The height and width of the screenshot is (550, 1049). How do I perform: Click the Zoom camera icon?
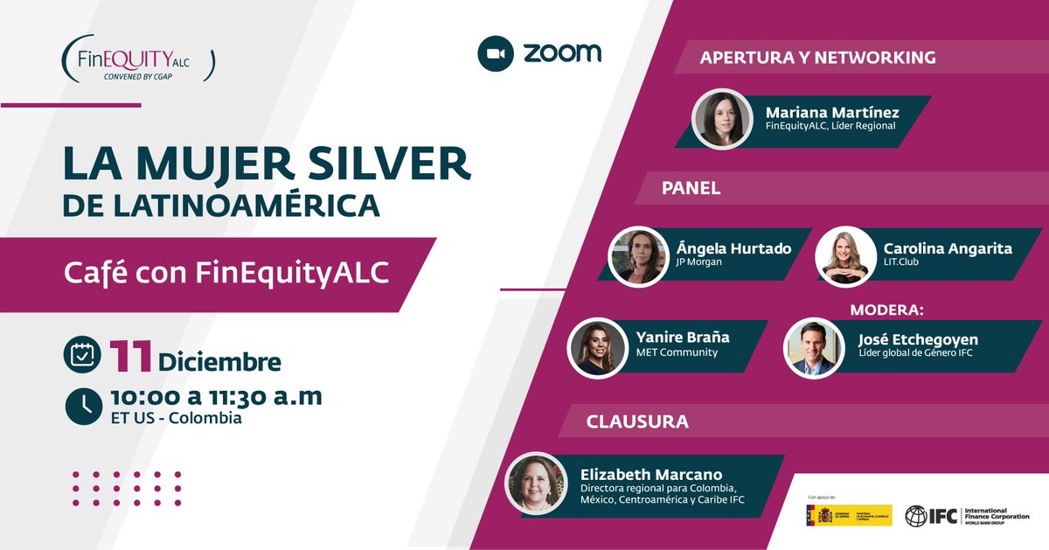click(x=495, y=53)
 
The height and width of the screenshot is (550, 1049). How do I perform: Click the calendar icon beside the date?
click(x=83, y=354)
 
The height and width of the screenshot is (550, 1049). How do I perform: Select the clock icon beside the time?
click(x=83, y=404)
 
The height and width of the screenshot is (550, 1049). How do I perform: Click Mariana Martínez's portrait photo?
click(x=722, y=119)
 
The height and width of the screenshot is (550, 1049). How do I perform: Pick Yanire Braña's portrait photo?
click(x=599, y=347)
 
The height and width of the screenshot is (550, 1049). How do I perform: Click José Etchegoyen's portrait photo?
click(x=812, y=347)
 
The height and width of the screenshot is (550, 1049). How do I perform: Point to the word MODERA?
click(x=887, y=310)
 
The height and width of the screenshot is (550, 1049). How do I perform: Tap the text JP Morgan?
click(x=698, y=261)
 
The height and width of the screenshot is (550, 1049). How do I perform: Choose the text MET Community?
click(x=677, y=352)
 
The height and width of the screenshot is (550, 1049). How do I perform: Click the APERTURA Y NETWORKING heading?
click(x=817, y=58)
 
